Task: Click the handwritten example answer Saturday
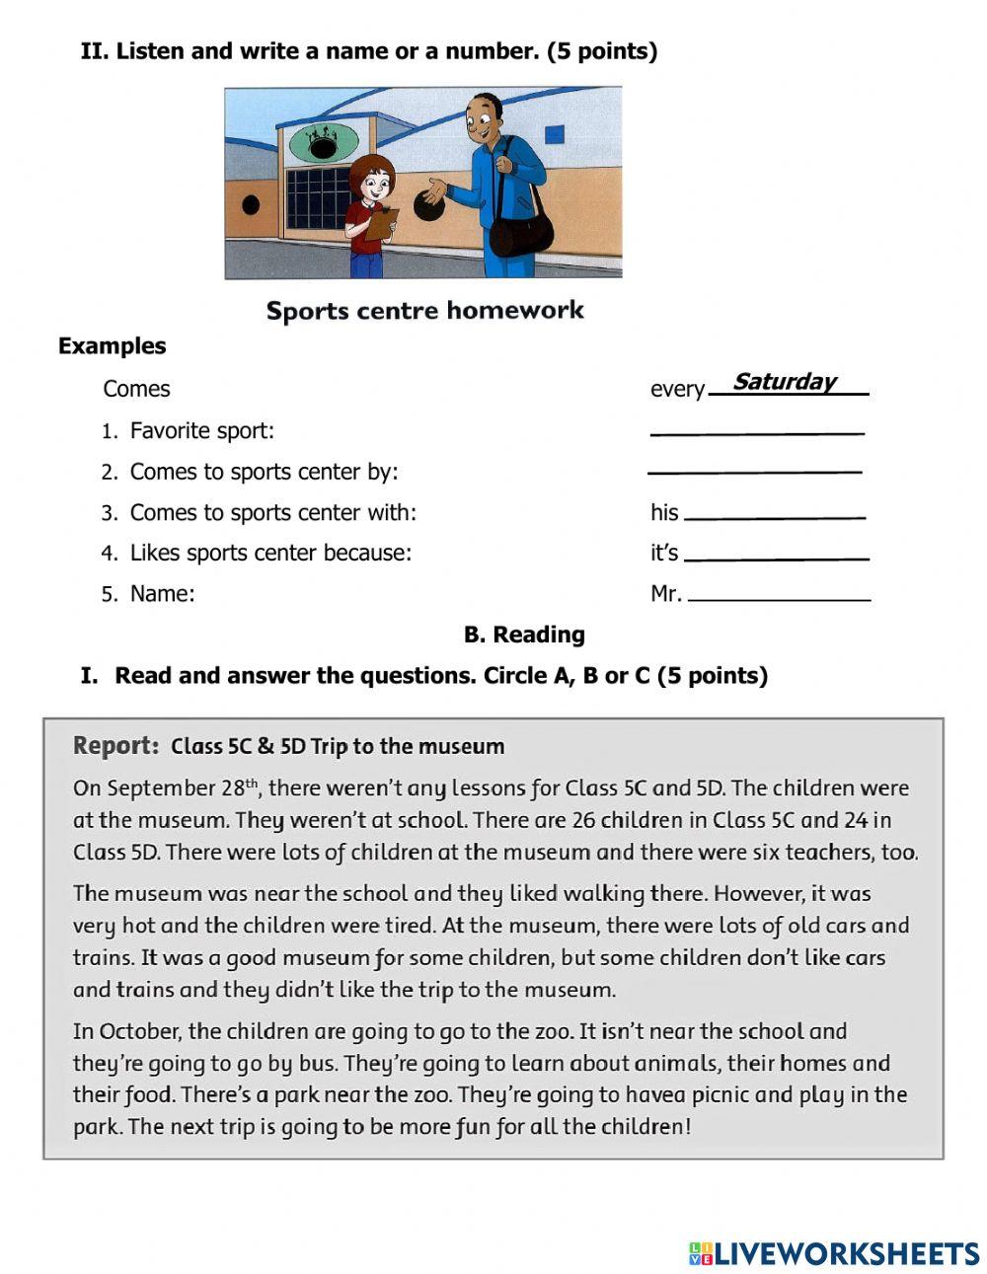pos(785,382)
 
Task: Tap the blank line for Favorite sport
pos(757,431)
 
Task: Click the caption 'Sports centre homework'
pos(424,311)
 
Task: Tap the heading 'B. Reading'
pos(524,635)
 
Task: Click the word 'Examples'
pos(112,346)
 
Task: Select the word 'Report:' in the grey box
pos(115,746)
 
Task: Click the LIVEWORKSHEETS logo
pos(834,1253)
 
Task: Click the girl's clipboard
pos(380,224)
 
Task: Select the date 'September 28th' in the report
pos(183,787)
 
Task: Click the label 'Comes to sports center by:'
pos(264,472)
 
